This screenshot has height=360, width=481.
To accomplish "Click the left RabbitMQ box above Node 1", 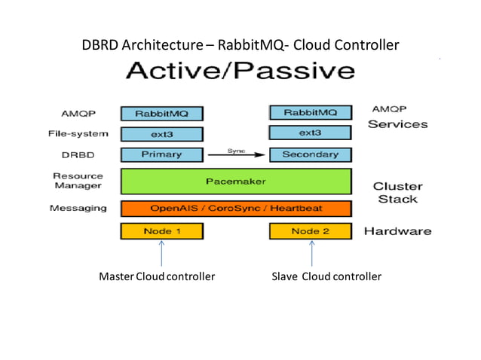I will click(161, 114).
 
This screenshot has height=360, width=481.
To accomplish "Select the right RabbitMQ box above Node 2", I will click(310, 113).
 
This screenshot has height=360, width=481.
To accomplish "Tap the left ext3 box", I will click(161, 134).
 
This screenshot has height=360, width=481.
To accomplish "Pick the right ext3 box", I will click(310, 133).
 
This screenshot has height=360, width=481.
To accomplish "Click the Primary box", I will click(161, 154).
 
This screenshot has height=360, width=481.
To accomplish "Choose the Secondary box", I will click(310, 154).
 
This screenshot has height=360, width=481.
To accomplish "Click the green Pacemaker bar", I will click(236, 182).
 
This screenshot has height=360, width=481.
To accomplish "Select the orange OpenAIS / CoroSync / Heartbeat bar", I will click(236, 208).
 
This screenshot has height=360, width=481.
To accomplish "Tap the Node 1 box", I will click(161, 231).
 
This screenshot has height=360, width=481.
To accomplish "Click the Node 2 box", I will click(310, 231).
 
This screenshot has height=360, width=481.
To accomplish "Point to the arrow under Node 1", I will click(162, 253).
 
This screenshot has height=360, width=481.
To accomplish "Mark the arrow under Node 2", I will click(311, 253).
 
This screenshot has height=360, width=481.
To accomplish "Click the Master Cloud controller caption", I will click(157, 276).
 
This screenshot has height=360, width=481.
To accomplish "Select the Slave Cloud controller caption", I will click(326, 276).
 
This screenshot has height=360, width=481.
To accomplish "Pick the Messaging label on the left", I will click(78, 208).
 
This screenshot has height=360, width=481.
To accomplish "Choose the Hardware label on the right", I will click(397, 231).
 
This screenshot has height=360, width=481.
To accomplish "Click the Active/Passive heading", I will click(239, 72).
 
